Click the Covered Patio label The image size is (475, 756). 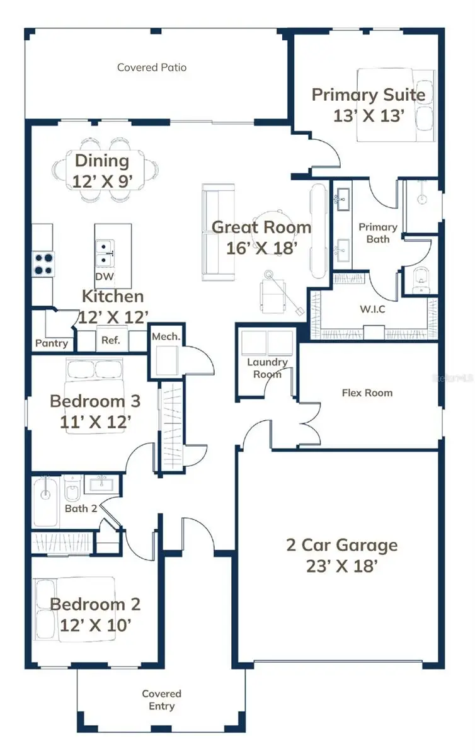(152, 67)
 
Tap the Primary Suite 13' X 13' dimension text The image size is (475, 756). (369, 116)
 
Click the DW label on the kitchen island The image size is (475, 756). (105, 277)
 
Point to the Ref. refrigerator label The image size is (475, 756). (111, 340)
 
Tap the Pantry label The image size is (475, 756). (52, 343)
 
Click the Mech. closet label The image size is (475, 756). (166, 336)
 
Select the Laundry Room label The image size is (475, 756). (267, 368)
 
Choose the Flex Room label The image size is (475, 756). (367, 393)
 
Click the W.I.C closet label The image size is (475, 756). (373, 309)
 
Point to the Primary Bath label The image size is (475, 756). (378, 233)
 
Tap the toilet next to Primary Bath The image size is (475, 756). (421, 280)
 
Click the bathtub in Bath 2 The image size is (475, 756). (45, 501)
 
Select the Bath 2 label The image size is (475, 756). (81, 508)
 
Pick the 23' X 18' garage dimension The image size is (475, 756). (341, 566)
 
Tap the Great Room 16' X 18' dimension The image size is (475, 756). (261, 248)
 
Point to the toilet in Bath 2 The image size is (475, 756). (72, 488)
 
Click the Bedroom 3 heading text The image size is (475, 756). (95, 401)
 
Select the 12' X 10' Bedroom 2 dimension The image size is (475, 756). (96, 626)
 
